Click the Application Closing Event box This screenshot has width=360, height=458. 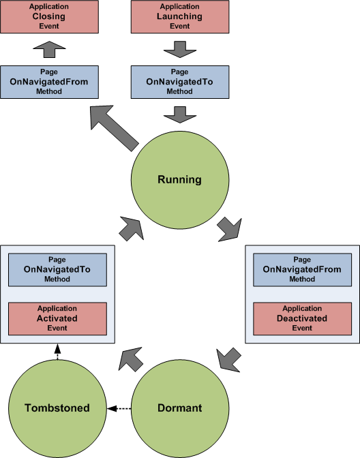pos(49,16)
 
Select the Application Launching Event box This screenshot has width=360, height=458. pos(179,16)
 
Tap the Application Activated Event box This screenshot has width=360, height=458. pos(57,319)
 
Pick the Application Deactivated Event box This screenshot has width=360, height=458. pos(302,319)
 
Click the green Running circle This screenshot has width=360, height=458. pos(179,181)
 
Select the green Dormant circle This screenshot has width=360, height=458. pos(179,408)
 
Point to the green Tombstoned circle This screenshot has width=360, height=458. pos(57,408)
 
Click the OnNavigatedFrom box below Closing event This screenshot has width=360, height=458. pos(49,82)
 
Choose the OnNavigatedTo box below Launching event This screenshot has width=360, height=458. pos(179,82)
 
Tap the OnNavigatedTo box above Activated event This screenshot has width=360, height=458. pos(57,270)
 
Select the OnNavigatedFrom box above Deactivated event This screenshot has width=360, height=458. pos(302,270)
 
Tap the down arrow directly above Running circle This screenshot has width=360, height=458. pos(179,113)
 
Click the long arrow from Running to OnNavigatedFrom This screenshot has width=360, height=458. pos(114,127)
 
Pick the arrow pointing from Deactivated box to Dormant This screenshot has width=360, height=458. pos(230,356)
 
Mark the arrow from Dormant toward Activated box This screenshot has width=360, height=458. pos(131,358)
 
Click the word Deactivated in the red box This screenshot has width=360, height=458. pos(302,319)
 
